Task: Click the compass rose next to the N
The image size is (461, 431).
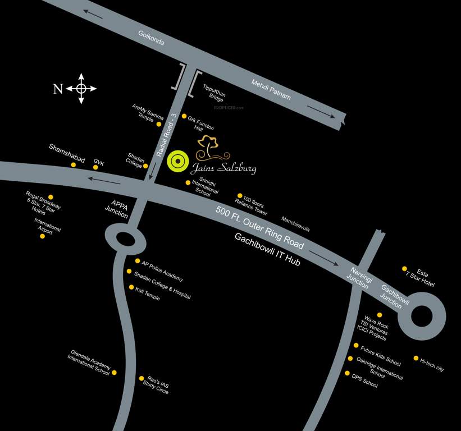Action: tap(81, 88)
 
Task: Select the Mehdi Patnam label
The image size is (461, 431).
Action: tap(271, 90)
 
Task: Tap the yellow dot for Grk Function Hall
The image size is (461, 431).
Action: tap(184, 116)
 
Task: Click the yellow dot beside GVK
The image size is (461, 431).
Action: tap(95, 167)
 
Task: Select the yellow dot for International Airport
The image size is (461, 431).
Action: tap(42, 236)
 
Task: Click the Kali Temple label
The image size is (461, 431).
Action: tap(148, 294)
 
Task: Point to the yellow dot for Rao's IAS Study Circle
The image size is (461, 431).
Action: tap(142, 378)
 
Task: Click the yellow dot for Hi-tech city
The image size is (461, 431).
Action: tap(416, 358)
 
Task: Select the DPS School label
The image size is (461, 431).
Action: tap(364, 382)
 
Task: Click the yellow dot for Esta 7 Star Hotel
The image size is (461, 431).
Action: tap(404, 268)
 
